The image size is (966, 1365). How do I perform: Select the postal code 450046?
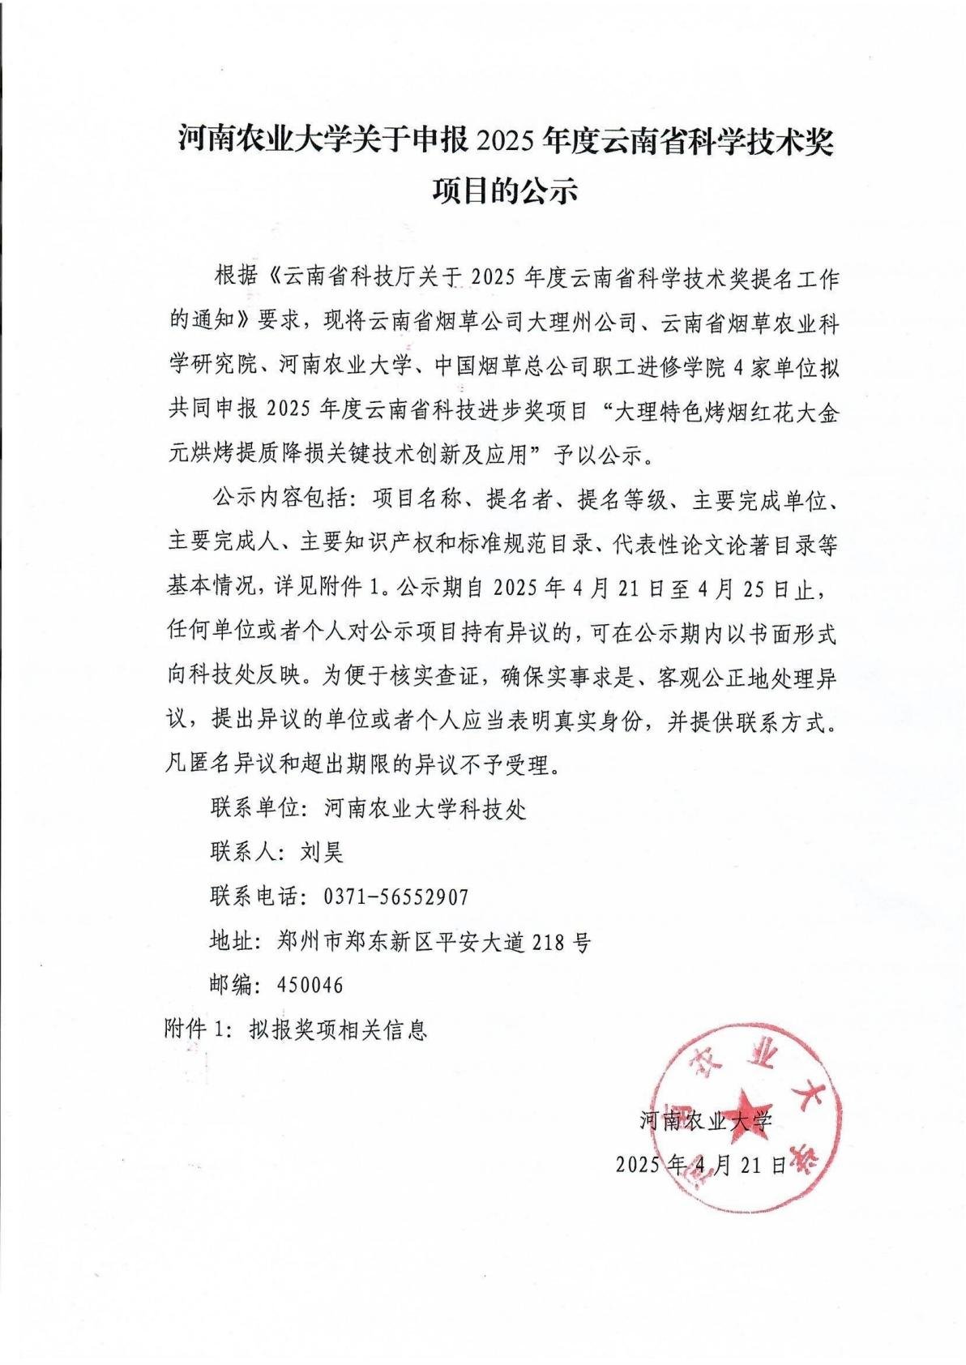(310, 985)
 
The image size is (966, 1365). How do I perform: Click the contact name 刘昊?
(323, 853)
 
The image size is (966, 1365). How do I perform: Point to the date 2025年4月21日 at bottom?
(702, 1165)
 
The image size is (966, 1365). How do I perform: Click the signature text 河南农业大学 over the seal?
(706, 1121)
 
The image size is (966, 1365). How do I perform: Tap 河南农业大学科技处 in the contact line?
(425, 808)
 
